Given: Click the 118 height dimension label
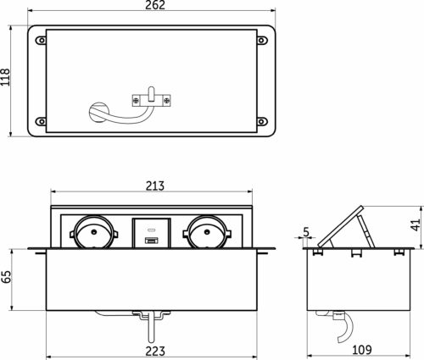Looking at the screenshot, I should click(8, 80).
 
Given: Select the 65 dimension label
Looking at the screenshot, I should click(8, 277).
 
